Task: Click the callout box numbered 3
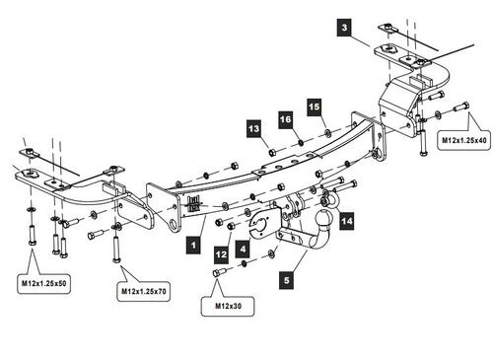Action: pyautogui.click(x=344, y=28)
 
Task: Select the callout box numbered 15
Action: pyautogui.click(x=315, y=107)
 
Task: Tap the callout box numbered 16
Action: pyautogui.click(x=286, y=119)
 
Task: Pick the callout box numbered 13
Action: pyautogui.click(x=253, y=128)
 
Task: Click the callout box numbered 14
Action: pyautogui.click(x=347, y=221)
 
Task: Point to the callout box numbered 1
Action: pyautogui.click(x=193, y=246)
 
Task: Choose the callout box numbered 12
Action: pyautogui.click(x=221, y=254)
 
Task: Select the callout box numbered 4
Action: pyautogui.click(x=243, y=250)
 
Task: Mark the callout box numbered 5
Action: pyautogui.click(x=287, y=280)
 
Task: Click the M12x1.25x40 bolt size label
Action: pyautogui.click(x=463, y=140)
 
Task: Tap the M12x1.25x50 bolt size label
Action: pyautogui.click(x=44, y=283)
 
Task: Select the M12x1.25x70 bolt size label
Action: pyautogui.click(x=144, y=291)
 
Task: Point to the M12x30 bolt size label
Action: pyautogui.click(x=228, y=306)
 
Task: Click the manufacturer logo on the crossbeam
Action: pyautogui.click(x=194, y=204)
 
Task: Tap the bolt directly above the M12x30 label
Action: pyautogui.click(x=219, y=272)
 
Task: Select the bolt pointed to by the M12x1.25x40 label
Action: pyautogui.click(x=461, y=107)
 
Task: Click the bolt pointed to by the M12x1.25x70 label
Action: pyautogui.click(x=116, y=249)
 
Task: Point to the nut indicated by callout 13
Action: pyautogui.click(x=272, y=152)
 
